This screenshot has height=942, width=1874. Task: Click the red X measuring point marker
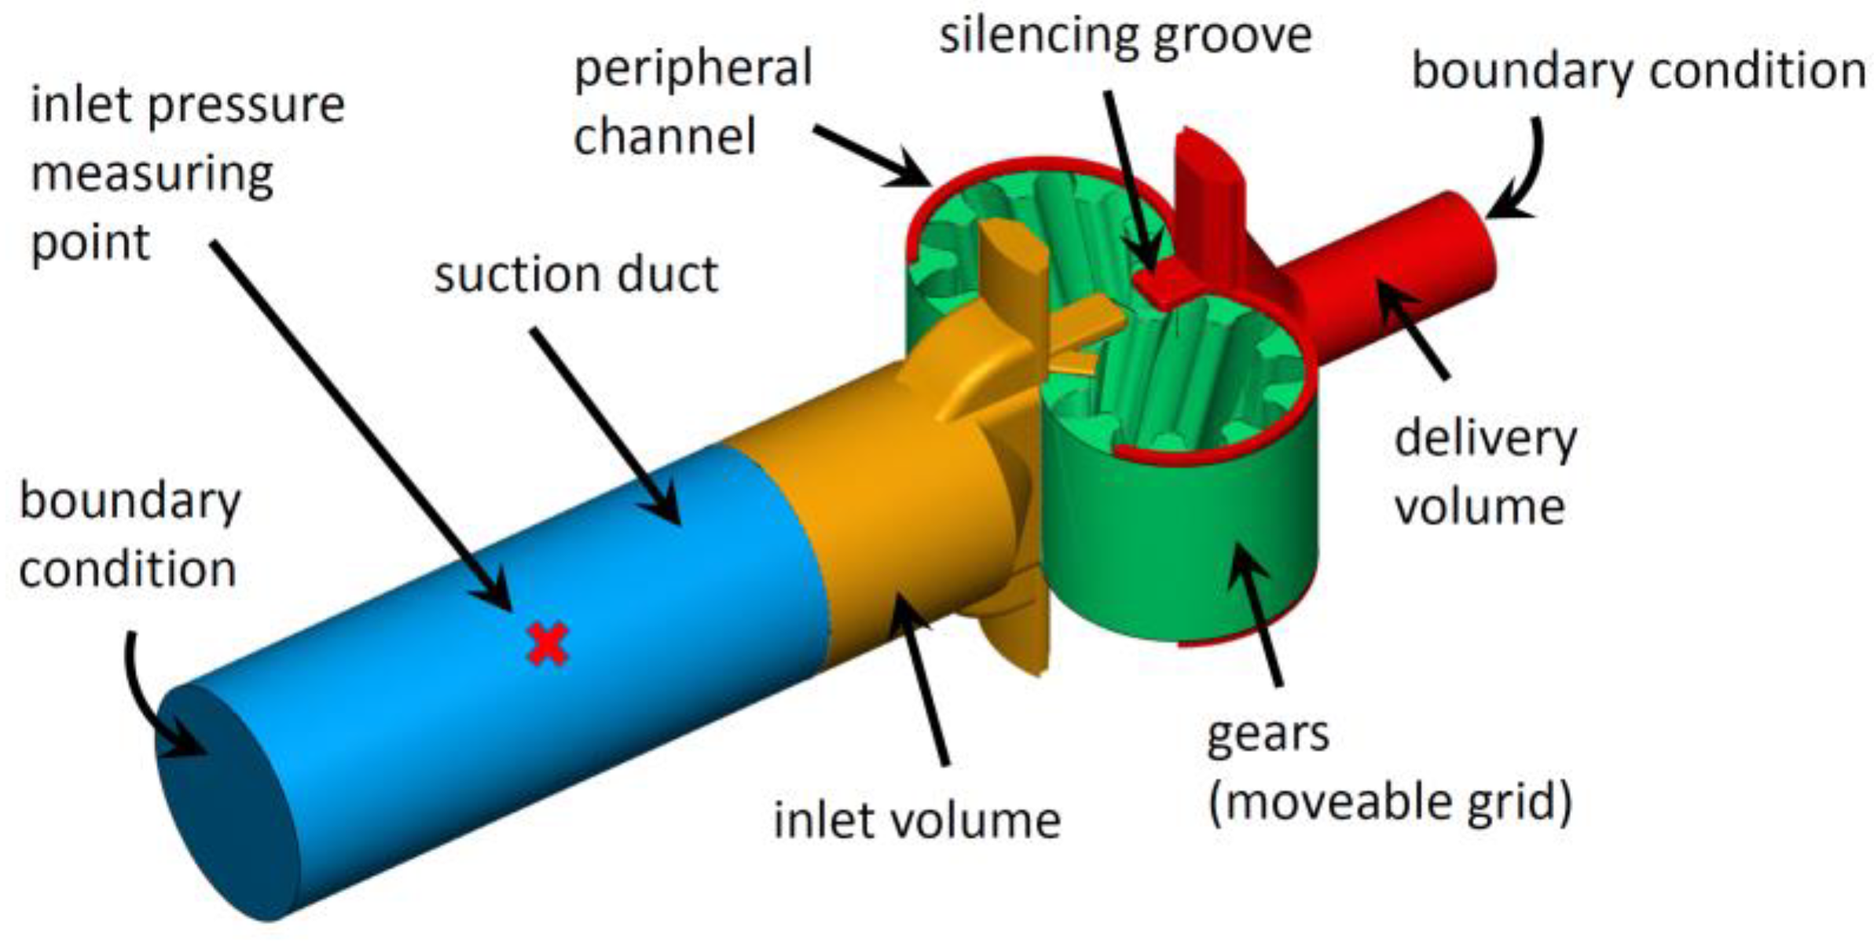click(548, 644)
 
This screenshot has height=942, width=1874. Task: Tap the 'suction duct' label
click(576, 275)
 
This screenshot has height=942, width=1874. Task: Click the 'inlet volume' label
click(916, 820)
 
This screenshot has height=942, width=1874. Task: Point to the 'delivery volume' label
click(1484, 472)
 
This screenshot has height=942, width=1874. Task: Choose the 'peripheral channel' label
click(692, 102)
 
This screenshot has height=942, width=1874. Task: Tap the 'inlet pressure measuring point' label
click(187, 173)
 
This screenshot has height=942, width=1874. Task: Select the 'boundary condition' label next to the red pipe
click(1638, 71)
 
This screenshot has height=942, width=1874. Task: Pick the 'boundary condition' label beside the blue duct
click(129, 535)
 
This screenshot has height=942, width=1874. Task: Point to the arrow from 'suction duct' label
click(605, 425)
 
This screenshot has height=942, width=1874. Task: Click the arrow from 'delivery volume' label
click(1414, 329)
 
